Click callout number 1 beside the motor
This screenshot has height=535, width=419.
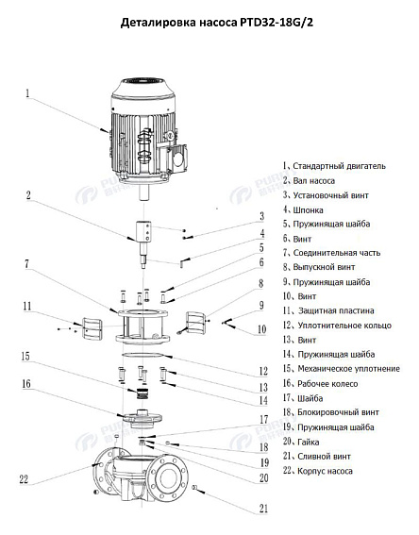point(27,93)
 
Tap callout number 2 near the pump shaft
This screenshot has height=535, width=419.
point(28,196)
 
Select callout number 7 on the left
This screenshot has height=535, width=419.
point(28,265)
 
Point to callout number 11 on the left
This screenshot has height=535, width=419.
point(28,306)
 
